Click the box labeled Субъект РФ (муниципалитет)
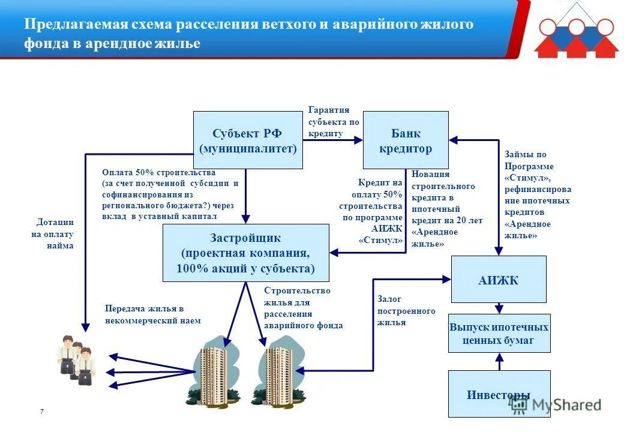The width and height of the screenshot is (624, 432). (248, 140)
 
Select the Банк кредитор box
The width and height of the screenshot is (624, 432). (406, 140)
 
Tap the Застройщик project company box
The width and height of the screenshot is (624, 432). (246, 253)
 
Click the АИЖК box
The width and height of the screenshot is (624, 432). (499, 279)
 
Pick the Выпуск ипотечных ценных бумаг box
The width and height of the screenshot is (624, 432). (499, 334)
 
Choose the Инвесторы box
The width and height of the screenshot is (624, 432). (499, 394)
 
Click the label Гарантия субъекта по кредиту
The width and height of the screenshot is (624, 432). (334, 122)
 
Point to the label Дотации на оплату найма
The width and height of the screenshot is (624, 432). (53, 234)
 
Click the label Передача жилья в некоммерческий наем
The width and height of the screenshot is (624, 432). (152, 314)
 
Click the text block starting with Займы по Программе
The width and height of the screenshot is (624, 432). (537, 195)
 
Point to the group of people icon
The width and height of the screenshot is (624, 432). (77, 360)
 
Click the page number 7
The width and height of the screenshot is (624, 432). (41, 412)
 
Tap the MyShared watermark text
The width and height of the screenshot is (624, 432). (564, 405)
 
